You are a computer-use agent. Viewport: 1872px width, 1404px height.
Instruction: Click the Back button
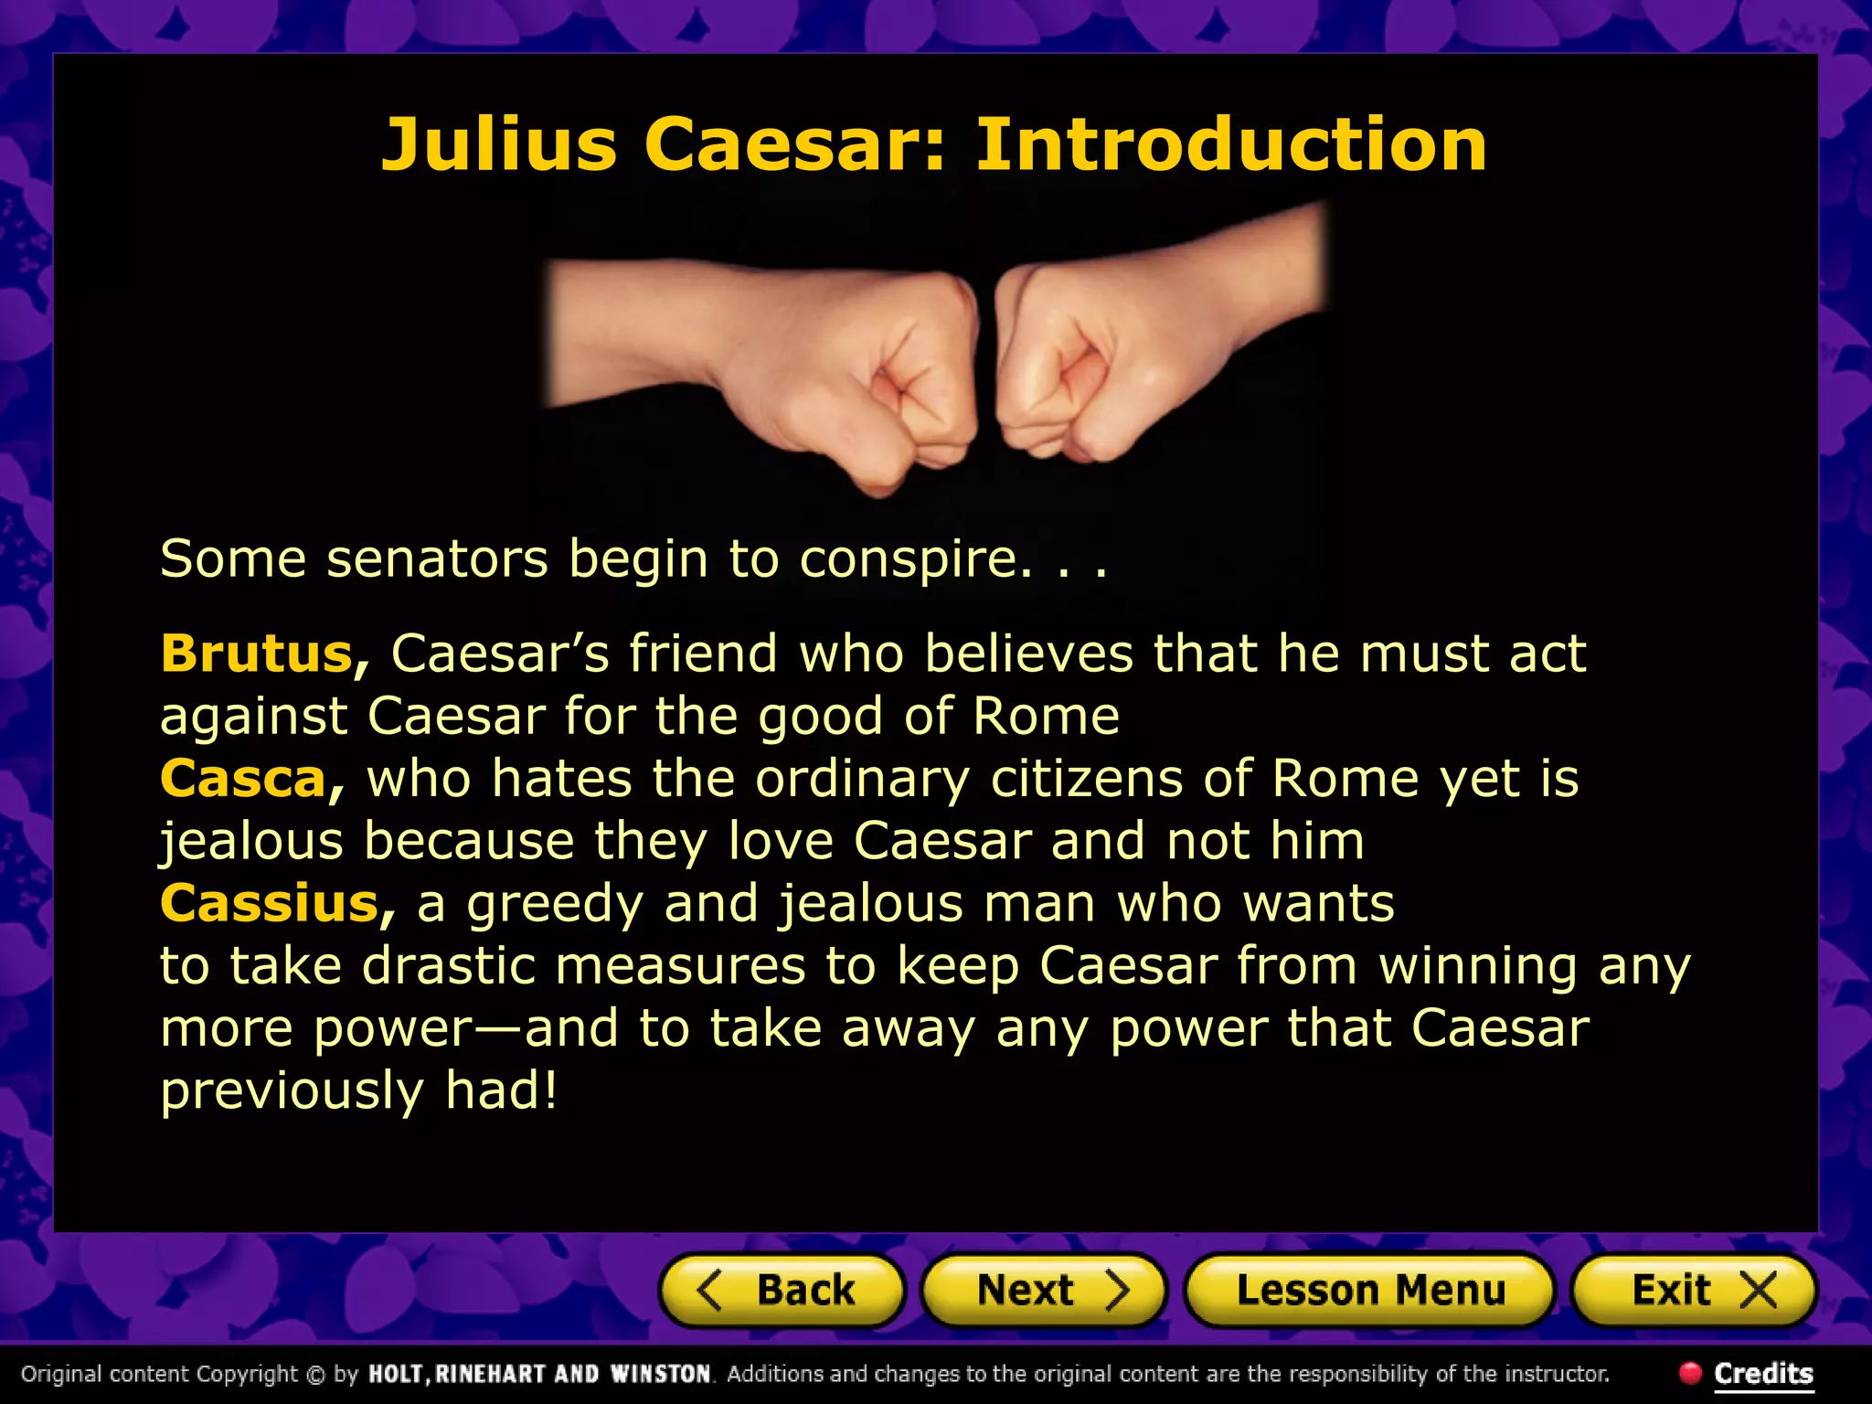point(782,1290)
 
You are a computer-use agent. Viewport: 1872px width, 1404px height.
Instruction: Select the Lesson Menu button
point(1369,1290)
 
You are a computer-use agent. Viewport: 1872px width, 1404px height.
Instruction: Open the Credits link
point(1763,1373)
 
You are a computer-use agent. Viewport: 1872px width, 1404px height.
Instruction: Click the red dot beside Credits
point(1690,1372)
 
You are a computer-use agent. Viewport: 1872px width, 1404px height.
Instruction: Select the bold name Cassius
point(270,903)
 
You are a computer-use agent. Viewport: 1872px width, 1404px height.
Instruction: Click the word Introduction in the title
point(1231,144)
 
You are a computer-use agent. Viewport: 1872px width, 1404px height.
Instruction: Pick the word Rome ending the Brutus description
point(1046,716)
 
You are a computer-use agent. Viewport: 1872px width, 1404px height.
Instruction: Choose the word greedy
point(555,905)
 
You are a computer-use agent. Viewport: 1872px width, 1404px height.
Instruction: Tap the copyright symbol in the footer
point(315,1374)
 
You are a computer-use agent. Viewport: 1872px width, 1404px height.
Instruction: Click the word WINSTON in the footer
point(660,1374)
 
